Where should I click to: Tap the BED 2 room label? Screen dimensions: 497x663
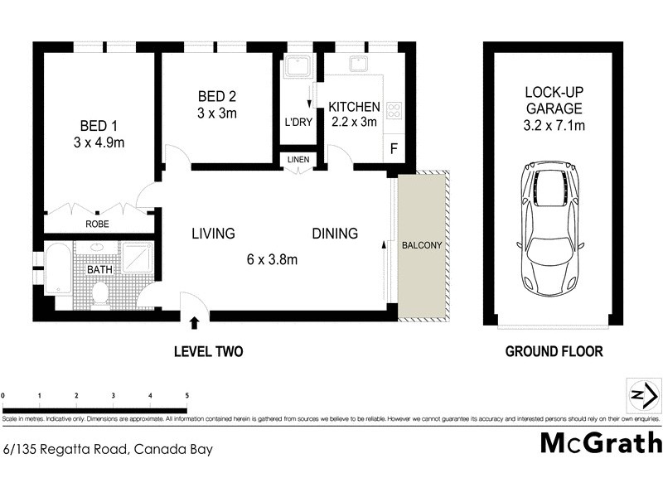(217, 95)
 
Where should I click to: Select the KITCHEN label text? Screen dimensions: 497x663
(354, 107)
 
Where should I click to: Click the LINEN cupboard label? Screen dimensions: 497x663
(298, 160)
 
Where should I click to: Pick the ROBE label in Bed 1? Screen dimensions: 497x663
(99, 224)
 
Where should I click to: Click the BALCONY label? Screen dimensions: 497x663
(422, 246)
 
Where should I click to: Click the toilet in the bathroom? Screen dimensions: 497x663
(100, 291)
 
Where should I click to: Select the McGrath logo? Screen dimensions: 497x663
(601, 443)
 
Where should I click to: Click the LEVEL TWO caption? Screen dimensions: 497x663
(208, 351)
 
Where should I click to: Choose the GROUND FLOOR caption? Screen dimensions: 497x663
(554, 351)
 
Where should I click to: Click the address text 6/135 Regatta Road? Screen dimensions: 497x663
(108, 450)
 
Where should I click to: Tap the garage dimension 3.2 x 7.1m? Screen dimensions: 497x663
(554, 126)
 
